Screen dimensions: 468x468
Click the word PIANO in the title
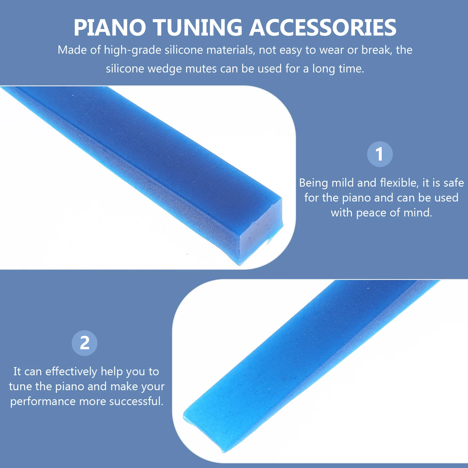[x=110, y=28]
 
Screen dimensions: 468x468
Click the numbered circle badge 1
[x=380, y=154]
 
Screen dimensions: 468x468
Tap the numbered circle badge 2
[x=85, y=343]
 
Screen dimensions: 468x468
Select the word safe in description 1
[x=454, y=183]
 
